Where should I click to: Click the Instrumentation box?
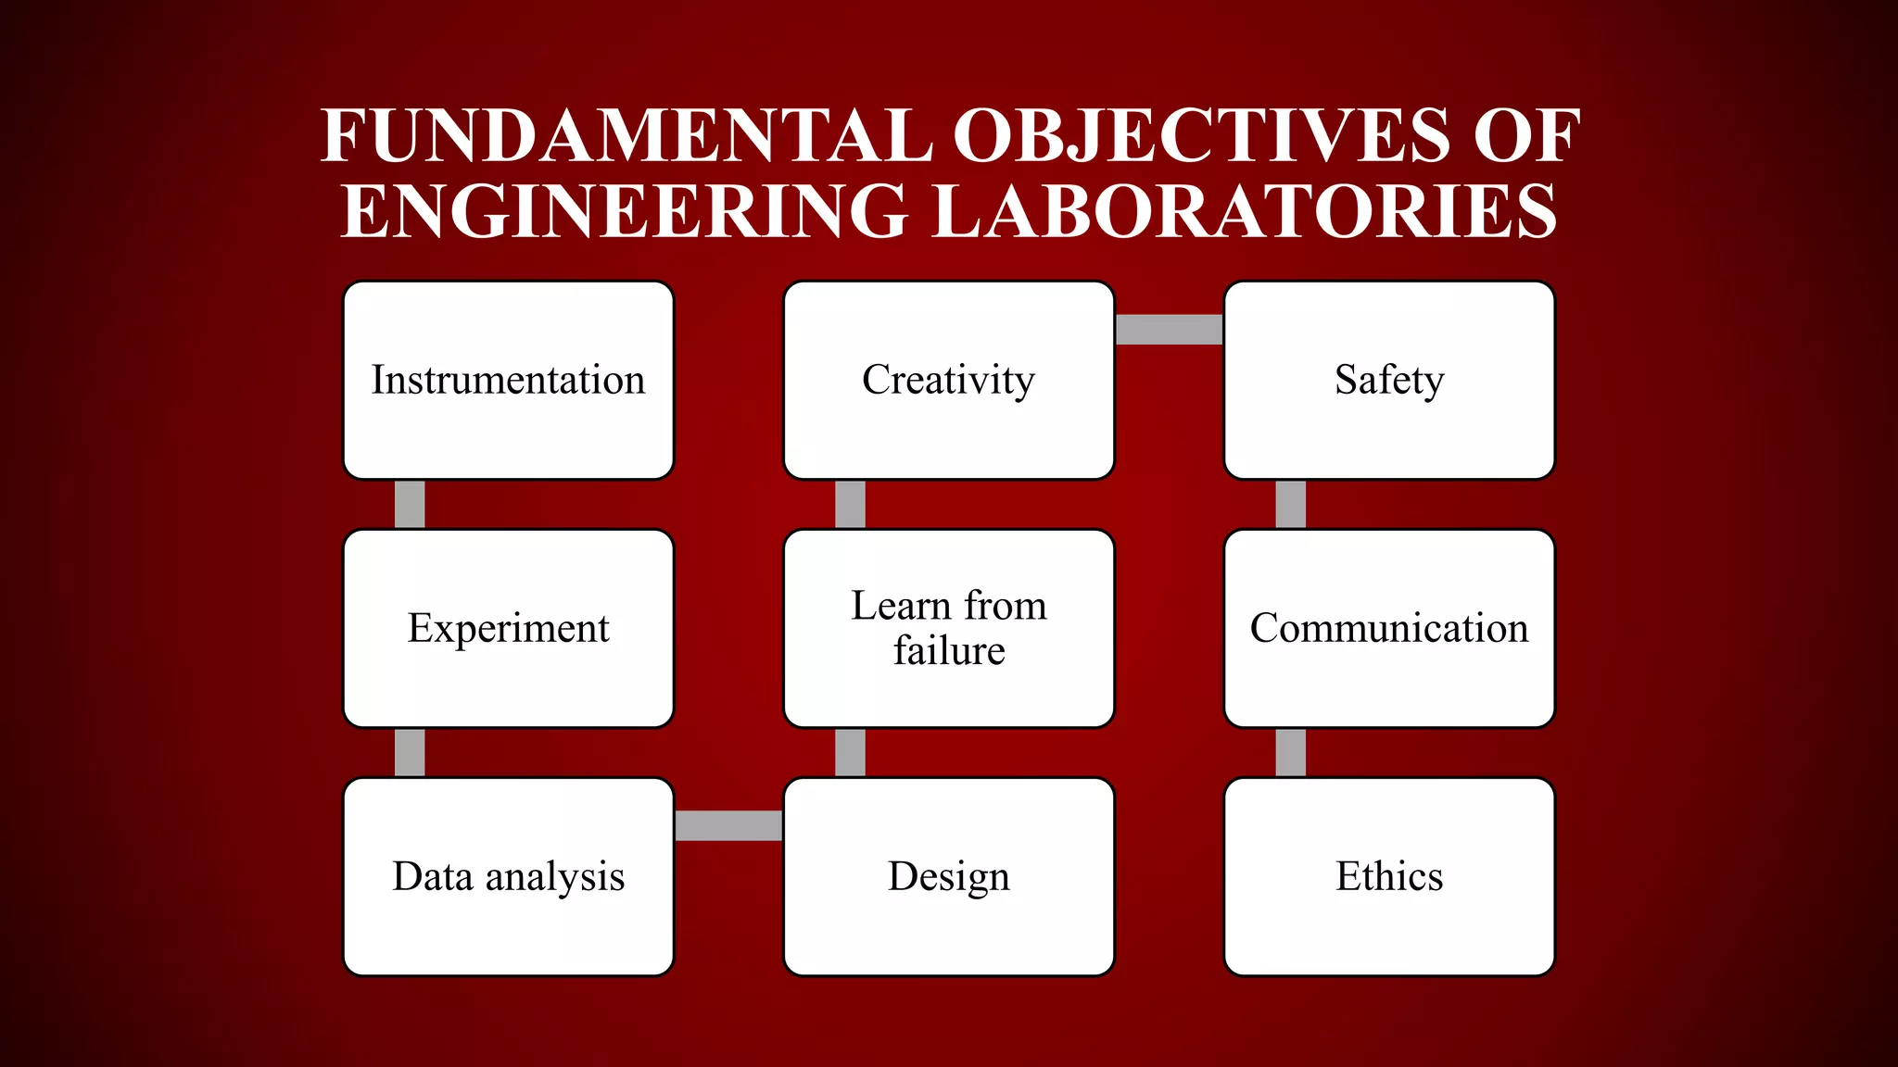[508, 380]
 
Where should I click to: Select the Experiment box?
[508, 628]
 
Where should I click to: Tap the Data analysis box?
[508, 876]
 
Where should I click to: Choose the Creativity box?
[948, 380]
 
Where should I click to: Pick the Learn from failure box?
[948, 628]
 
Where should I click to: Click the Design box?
[948, 876]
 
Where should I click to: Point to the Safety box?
[1388, 380]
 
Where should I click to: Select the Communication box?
[1388, 628]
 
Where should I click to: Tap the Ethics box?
[1388, 876]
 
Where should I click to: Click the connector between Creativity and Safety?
[1169, 330]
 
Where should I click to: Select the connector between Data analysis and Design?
[728, 825]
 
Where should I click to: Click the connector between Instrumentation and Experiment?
[410, 504]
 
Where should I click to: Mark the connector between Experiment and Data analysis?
[410, 752]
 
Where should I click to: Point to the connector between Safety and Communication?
[1290, 504]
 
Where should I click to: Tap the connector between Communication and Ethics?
[1290, 752]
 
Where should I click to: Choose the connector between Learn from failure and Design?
[850, 752]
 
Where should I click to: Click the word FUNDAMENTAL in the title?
[626, 136]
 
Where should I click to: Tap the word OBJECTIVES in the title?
[1201, 136]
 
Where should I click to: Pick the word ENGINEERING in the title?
[625, 212]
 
